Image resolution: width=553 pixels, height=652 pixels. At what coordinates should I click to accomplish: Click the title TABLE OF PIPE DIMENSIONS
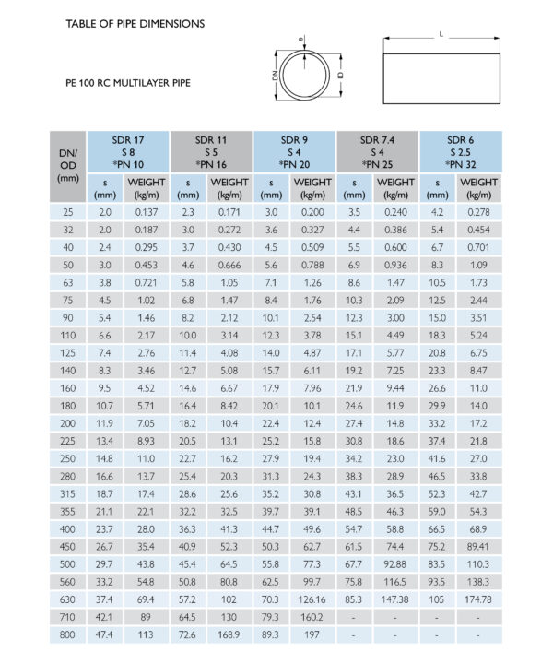point(135,23)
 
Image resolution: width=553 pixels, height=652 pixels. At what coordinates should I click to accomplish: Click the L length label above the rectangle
point(441,34)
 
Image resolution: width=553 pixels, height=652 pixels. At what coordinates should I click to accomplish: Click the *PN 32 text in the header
point(461,164)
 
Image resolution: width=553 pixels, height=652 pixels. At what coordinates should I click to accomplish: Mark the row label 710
point(67,616)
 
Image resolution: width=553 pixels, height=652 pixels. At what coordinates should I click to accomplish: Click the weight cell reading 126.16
point(312,599)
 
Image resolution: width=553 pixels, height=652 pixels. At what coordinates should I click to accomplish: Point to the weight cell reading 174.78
point(478,599)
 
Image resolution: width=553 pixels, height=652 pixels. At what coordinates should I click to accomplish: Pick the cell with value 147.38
point(395,599)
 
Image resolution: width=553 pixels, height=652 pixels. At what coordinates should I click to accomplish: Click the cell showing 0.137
point(147,212)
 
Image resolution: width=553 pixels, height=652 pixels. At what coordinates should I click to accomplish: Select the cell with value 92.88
point(395,563)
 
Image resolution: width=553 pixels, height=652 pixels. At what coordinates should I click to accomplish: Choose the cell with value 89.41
point(478,545)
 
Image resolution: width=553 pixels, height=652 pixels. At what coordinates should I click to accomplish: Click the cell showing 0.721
point(147,282)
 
